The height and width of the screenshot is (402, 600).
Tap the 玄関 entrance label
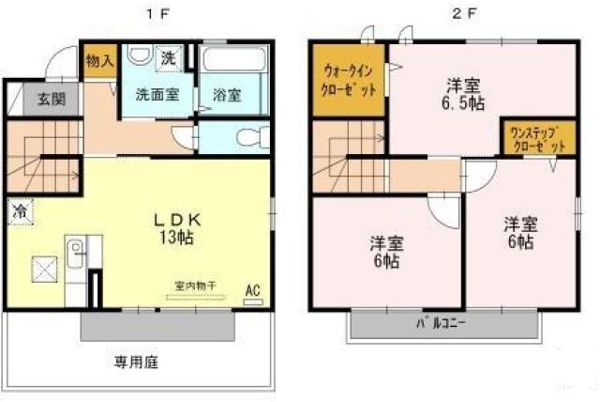click(52, 98)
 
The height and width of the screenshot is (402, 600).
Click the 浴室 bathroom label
click(226, 95)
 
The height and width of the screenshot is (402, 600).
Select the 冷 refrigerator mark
click(19, 213)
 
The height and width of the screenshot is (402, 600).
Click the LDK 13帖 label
click(175, 228)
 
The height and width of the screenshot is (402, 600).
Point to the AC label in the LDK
click(252, 290)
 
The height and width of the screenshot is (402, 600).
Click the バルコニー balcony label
click(441, 325)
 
